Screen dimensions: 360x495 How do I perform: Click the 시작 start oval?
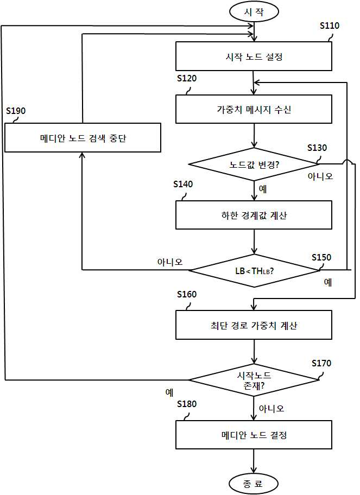point(254,12)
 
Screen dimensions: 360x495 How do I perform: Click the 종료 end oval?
point(254,483)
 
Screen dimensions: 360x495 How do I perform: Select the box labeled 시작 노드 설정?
point(254,56)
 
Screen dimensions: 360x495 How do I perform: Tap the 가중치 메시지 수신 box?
point(254,109)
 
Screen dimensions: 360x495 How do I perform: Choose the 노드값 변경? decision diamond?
point(254,164)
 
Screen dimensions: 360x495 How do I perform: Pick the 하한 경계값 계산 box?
point(254,215)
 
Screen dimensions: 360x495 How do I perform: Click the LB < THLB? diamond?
point(254,270)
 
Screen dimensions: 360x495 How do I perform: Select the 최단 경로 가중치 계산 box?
point(254,325)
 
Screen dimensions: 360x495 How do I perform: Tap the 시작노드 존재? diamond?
point(254,380)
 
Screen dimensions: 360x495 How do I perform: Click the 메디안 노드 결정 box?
point(254,435)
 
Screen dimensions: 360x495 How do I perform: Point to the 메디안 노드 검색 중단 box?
point(83,138)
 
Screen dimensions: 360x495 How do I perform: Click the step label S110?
point(330,26)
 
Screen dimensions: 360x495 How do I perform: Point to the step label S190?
point(16,111)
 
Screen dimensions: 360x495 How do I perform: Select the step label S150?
point(321,257)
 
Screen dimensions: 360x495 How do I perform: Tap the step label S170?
point(321,363)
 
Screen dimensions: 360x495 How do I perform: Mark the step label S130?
point(317,148)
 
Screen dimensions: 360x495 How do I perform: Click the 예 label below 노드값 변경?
point(263,189)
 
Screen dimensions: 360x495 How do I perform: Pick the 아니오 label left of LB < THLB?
point(170,262)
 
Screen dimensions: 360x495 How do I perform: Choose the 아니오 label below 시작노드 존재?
point(271,409)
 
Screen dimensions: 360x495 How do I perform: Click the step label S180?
point(187,404)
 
